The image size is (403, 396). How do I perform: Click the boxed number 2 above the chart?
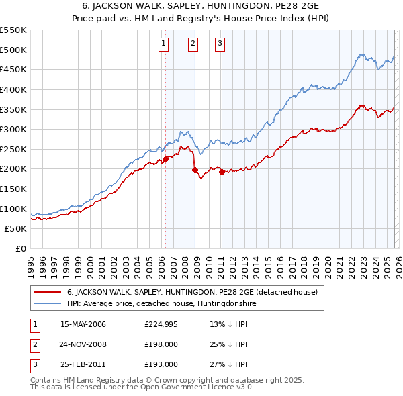pos(193,44)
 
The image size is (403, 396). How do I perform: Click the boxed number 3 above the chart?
pos(220,44)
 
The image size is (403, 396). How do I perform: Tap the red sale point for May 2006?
pos(165,159)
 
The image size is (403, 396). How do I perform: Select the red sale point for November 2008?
pos(195,170)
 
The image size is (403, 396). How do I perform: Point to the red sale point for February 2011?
pos(222,172)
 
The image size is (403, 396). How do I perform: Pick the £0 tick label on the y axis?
pos(20,248)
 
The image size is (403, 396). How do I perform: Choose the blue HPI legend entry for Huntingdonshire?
pos(162,304)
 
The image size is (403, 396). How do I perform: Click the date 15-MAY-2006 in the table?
pos(83,324)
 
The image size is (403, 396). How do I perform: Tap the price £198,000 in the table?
pos(161,344)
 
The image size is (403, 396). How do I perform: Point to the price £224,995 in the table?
pos(161,324)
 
